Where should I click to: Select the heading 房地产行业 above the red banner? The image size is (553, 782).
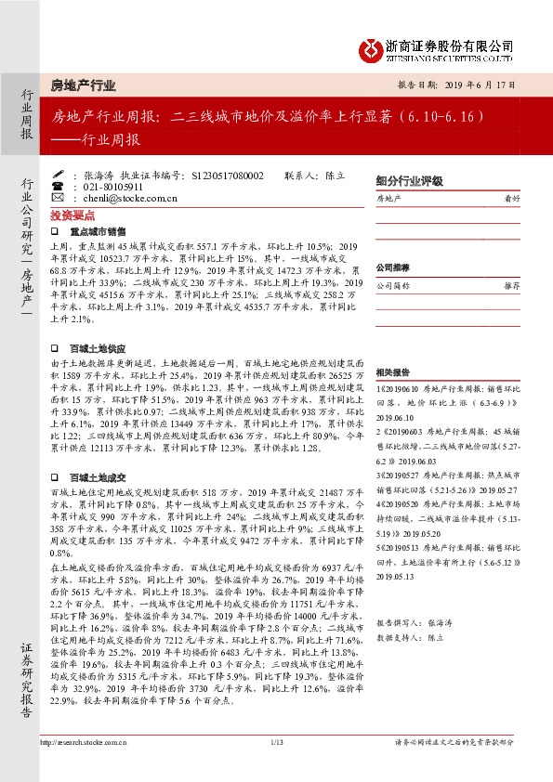84,85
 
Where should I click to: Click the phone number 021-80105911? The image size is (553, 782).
112,186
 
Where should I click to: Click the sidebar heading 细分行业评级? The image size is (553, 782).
409,182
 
